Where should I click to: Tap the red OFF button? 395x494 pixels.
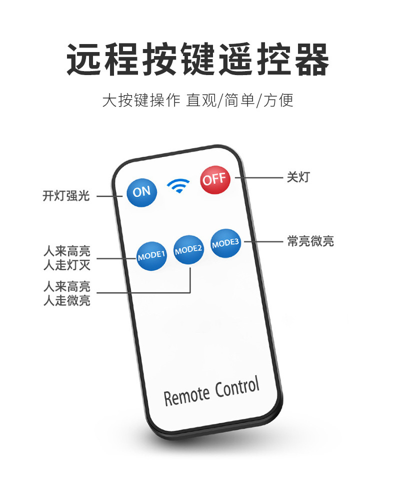coord(215,178)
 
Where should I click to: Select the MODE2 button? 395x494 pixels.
coord(188,250)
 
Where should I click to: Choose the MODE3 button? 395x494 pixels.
coord(225,244)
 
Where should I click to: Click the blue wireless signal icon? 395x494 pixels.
coord(178,186)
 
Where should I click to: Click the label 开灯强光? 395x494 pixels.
coord(66,196)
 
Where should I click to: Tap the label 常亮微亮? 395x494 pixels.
coord(310,241)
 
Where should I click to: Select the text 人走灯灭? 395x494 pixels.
coord(66,265)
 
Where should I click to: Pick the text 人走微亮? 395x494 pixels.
coord(66,301)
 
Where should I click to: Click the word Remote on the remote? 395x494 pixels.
coord(186,396)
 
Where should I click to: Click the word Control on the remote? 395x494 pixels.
coord(237,388)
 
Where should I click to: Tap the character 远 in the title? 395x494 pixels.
coord(84,60)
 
